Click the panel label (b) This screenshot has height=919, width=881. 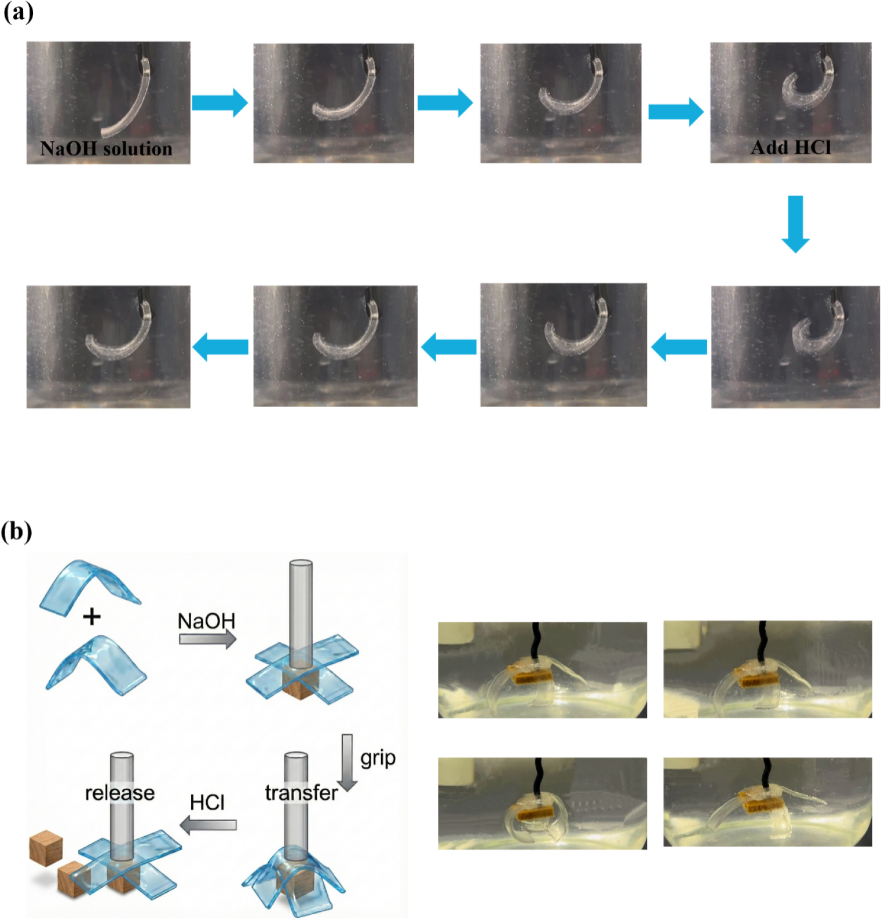point(17,531)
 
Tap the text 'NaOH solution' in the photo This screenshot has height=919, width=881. point(107,149)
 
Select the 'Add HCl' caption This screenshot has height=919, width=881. point(791,148)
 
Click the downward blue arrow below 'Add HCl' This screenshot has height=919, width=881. point(795,224)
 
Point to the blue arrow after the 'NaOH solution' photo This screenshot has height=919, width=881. point(220,103)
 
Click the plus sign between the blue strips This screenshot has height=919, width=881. point(92,617)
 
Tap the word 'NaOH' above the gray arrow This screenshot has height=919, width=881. point(206,621)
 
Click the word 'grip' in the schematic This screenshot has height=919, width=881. point(378,759)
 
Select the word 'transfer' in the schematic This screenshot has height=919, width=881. point(301,793)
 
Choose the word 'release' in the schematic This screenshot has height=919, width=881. point(120,793)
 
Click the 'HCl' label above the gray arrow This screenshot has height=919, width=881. point(207,803)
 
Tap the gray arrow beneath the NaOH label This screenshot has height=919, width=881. point(207,639)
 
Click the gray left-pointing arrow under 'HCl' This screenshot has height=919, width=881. point(209,825)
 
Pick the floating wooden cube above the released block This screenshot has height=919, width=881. point(46,848)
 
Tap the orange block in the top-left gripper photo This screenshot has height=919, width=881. point(528,675)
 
